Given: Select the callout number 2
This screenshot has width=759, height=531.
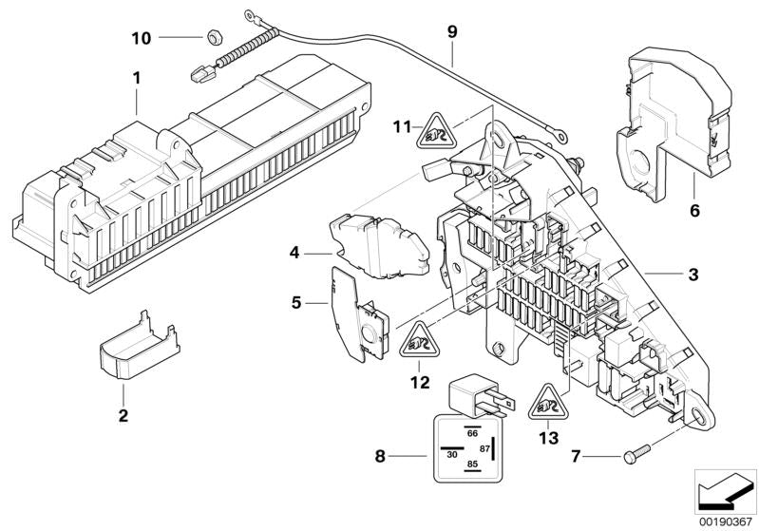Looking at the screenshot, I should click(x=123, y=415).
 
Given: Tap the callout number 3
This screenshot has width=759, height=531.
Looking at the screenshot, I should click(x=693, y=275).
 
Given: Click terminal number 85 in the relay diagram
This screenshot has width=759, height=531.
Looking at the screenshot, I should click(x=471, y=464).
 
